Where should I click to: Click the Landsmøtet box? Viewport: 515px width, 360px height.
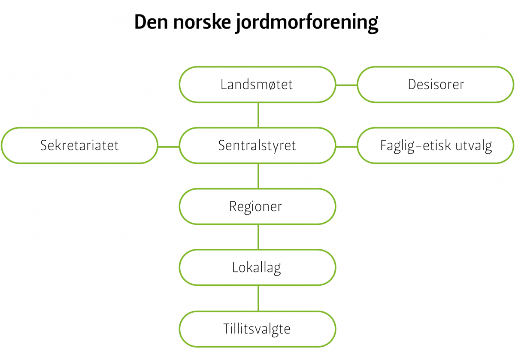[x=257, y=85]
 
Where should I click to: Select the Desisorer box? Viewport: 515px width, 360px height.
[x=436, y=85]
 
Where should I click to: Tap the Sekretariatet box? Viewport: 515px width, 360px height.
[x=79, y=145]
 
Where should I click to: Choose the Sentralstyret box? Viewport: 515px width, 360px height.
[x=257, y=145]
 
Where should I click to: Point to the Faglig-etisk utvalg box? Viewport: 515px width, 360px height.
[x=436, y=145]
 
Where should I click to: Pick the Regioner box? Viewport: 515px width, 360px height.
[x=257, y=206]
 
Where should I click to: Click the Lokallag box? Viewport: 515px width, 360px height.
[x=257, y=267]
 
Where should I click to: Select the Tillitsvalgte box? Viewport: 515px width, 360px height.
[x=257, y=329]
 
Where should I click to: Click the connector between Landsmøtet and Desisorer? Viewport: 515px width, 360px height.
[x=346, y=85]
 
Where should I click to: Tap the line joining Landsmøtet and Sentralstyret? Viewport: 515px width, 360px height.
[x=258, y=115]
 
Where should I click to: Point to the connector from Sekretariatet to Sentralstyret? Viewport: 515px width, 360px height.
[x=169, y=147]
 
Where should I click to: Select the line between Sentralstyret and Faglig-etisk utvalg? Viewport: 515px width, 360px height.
[x=346, y=147]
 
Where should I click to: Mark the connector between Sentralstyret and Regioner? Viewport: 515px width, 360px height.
[x=258, y=176]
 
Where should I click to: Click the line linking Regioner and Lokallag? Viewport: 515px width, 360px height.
[x=258, y=237]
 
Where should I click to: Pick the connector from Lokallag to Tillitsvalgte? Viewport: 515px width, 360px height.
[x=258, y=298]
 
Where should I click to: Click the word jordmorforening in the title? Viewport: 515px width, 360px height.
[x=307, y=23]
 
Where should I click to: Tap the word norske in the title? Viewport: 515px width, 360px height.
[x=202, y=22]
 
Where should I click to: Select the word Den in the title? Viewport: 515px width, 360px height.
[x=151, y=22]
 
